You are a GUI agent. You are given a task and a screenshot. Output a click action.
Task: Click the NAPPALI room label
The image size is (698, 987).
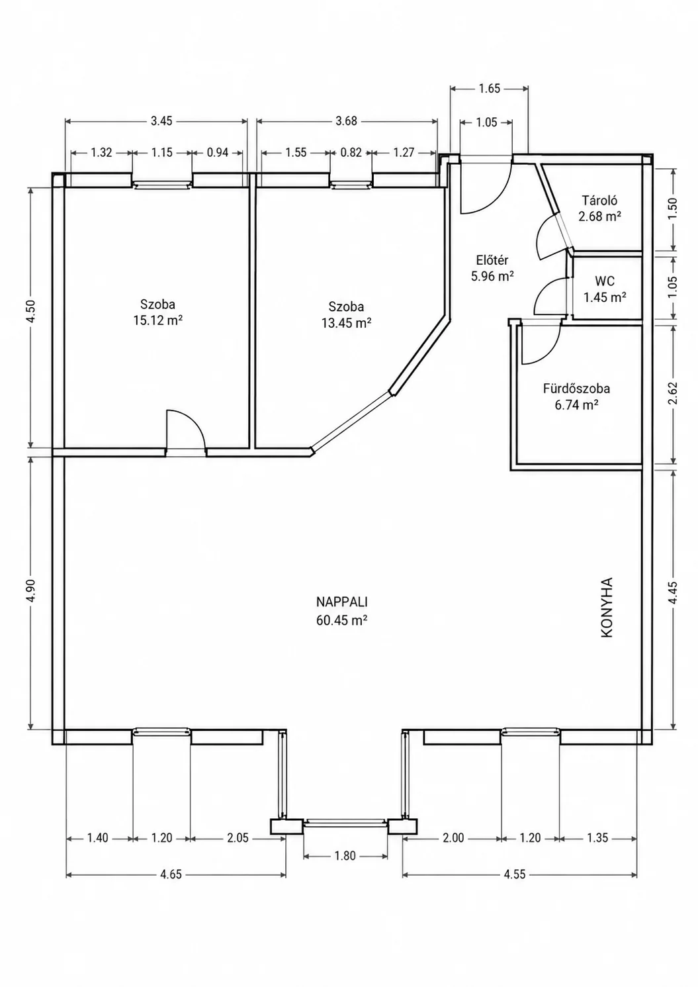(342, 602)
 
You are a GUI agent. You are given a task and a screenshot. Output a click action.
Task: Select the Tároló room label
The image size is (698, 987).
(600, 201)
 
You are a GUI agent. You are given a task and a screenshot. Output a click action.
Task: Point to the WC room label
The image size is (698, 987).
(605, 281)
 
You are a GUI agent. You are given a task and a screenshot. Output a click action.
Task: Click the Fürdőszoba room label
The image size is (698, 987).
(576, 389)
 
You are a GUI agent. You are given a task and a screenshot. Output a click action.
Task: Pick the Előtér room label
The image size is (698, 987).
(492, 259)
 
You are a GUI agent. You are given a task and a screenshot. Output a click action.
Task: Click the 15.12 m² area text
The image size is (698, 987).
(157, 320)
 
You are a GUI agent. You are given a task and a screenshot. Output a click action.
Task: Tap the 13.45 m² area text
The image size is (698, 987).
(346, 323)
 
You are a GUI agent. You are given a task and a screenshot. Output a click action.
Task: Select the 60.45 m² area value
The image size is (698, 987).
(342, 620)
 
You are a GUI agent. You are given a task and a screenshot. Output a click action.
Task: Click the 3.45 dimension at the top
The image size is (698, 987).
(161, 120)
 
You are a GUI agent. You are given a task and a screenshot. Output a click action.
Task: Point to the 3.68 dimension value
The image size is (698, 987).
(347, 120)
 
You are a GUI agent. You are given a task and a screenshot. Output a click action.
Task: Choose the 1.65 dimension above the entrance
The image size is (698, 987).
(489, 89)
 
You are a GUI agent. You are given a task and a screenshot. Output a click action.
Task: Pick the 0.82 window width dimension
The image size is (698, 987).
(351, 152)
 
